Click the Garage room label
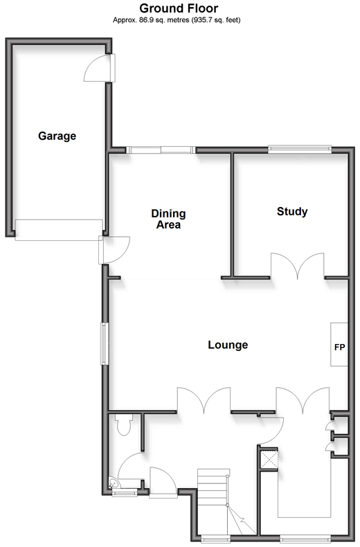click(x=57, y=136)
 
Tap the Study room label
click(x=292, y=211)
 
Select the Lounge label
click(x=228, y=345)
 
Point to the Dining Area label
click(x=168, y=219)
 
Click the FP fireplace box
click(x=339, y=344)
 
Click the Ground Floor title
click(x=179, y=8)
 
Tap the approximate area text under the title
click(x=177, y=20)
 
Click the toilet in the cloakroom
click(x=123, y=424)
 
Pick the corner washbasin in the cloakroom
click(x=114, y=483)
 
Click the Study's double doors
click(x=298, y=265)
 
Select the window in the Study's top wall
click(x=300, y=149)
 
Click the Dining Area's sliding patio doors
click(x=161, y=150)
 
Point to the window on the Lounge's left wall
click(x=105, y=344)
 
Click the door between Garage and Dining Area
click(x=114, y=250)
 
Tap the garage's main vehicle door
click(x=59, y=230)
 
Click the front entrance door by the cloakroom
click(x=163, y=482)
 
